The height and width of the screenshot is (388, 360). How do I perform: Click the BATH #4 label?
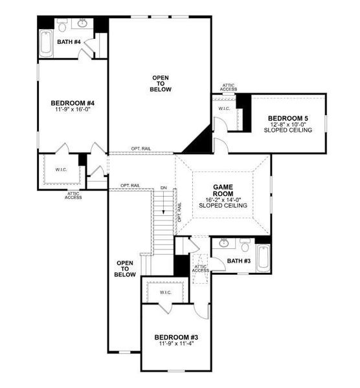68,42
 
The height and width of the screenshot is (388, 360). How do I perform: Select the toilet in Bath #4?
62,26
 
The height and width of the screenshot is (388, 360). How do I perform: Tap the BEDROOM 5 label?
287,118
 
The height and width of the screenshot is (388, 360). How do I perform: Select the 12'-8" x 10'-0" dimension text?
287,124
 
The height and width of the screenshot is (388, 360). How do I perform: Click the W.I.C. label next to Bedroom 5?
224,109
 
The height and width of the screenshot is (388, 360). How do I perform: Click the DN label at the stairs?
164,188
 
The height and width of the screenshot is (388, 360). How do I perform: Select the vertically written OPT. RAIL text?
179,213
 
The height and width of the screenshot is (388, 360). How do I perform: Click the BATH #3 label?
238,261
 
